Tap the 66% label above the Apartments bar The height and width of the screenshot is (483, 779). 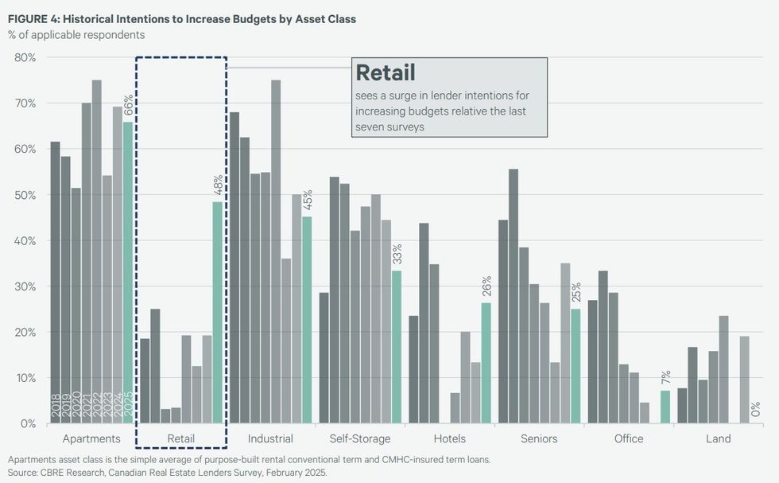coord(128,106)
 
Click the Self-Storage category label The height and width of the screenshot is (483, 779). coord(360,438)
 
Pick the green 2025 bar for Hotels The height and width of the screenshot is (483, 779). coord(486,363)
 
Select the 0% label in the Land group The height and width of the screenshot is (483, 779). coord(754,409)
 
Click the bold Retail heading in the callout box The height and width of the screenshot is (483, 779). coord(386,73)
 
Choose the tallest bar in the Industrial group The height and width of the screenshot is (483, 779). coord(276,251)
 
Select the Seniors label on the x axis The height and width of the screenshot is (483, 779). coord(539,438)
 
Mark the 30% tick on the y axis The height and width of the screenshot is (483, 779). coord(25,286)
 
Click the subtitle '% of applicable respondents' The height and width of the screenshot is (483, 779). coord(76,35)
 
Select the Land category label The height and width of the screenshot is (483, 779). coord(718,438)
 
